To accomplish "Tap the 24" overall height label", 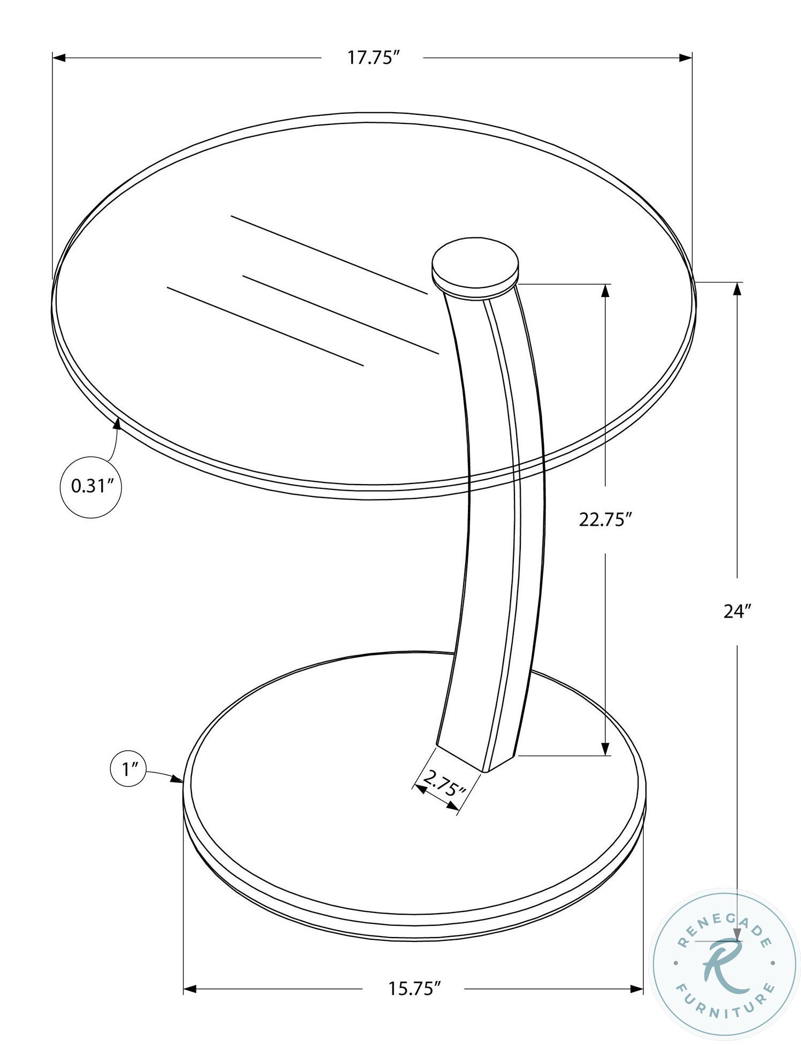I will pyautogui.click(x=738, y=611).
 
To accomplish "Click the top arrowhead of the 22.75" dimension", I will pyautogui.click(x=605, y=290).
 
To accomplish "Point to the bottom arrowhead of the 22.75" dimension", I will pyautogui.click(x=605, y=749).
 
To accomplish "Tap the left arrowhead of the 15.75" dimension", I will pyautogui.click(x=190, y=989).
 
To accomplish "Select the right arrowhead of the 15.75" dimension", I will pyautogui.click(x=637, y=989).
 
